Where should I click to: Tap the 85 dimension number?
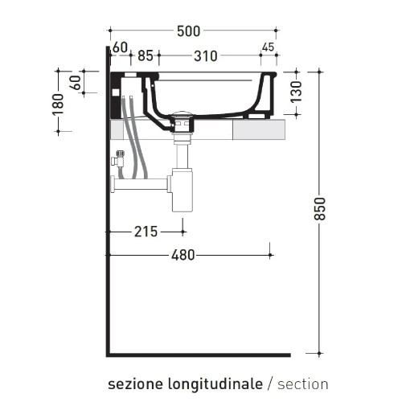click(146, 56)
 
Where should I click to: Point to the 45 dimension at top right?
click(268, 47)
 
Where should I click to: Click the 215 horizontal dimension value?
click(146, 232)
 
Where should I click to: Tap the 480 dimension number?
click(183, 256)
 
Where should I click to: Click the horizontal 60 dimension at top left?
click(121, 47)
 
